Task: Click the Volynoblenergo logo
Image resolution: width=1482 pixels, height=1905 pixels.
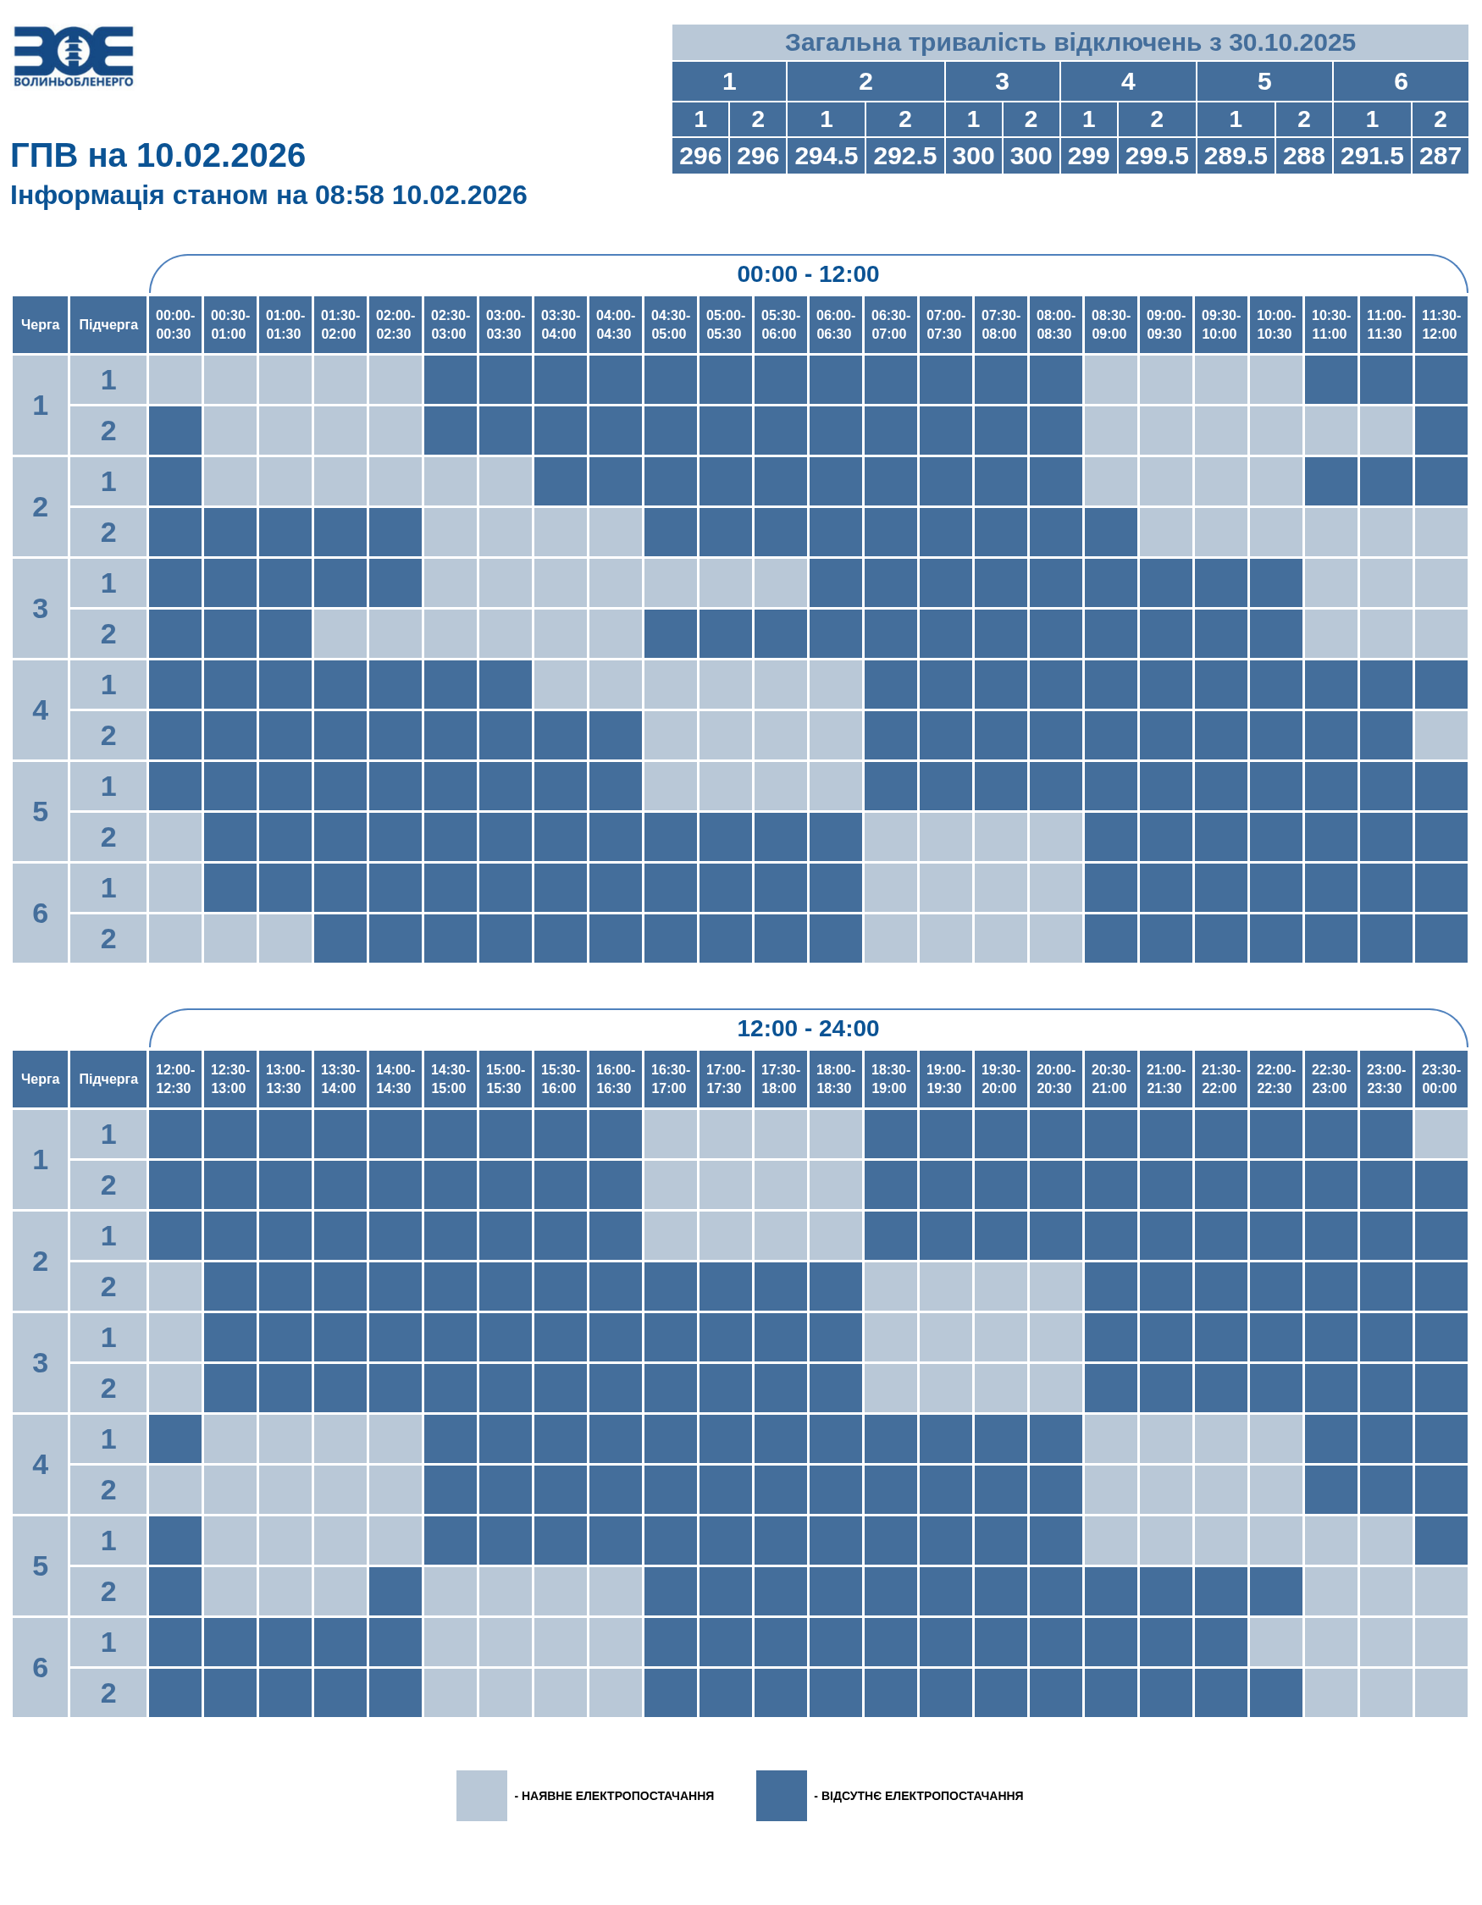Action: (74, 57)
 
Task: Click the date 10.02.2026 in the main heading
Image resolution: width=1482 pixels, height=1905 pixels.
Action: (221, 156)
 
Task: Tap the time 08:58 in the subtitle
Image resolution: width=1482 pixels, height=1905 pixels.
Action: (349, 196)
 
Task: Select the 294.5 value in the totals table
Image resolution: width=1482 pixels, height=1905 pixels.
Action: (826, 156)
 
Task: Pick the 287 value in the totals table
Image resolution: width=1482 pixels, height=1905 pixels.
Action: (1441, 156)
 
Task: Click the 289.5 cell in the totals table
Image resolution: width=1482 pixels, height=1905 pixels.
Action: (1236, 156)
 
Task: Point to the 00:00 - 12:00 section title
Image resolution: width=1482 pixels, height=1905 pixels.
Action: (808, 273)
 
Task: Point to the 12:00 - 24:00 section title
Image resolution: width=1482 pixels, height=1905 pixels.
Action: (808, 1029)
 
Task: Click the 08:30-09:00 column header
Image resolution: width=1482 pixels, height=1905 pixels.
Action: (1109, 324)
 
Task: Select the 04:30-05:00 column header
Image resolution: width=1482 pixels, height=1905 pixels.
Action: (669, 324)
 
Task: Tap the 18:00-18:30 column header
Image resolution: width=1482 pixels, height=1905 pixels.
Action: (835, 1079)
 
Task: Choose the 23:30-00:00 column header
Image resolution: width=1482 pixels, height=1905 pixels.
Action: (1441, 1079)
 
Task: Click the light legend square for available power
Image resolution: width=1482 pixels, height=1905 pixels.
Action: (482, 1795)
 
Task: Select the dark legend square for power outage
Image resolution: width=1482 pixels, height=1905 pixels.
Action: (782, 1795)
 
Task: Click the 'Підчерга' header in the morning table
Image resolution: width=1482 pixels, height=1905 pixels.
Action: (108, 324)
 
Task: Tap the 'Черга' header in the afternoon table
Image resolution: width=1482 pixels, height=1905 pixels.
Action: (40, 1079)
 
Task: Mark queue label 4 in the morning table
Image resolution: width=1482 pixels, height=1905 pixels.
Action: (40, 710)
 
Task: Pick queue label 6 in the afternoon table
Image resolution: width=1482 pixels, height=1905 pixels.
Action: (40, 1667)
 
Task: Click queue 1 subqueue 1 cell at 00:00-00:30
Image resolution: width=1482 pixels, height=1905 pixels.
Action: (175, 380)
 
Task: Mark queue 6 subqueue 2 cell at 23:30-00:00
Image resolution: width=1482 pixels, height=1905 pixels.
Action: (1441, 1693)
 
